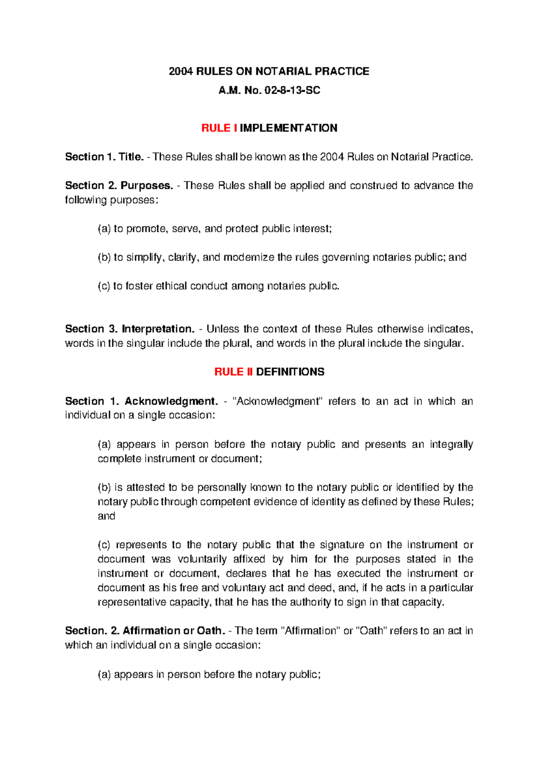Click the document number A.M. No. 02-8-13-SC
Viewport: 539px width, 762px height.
(x=269, y=91)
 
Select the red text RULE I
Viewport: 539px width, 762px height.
(x=219, y=128)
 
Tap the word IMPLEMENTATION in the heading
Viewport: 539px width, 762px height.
(x=288, y=128)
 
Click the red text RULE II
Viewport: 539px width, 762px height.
(x=234, y=372)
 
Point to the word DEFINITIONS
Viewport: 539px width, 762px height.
(x=290, y=372)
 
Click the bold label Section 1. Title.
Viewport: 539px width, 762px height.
(x=104, y=157)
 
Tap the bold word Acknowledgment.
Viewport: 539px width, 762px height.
(x=171, y=401)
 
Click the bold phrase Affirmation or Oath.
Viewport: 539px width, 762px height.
(x=174, y=631)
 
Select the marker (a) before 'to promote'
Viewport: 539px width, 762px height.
(x=104, y=229)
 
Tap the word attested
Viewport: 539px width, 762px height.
(x=145, y=487)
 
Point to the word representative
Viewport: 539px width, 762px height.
(x=132, y=603)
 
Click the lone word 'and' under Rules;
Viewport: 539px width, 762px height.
(x=106, y=516)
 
